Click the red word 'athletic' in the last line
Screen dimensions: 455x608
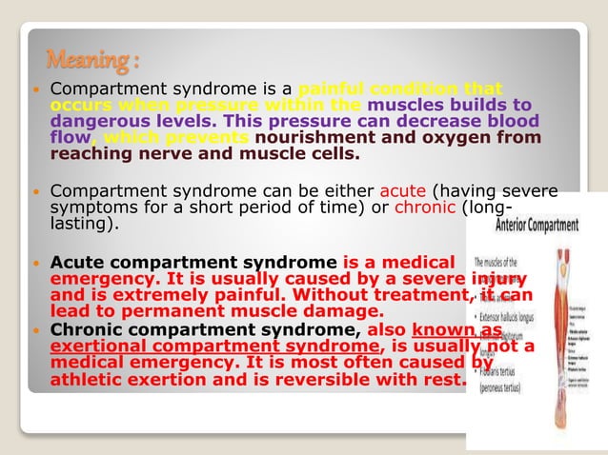click(x=89, y=381)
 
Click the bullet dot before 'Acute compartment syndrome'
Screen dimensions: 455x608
click(x=35, y=263)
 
